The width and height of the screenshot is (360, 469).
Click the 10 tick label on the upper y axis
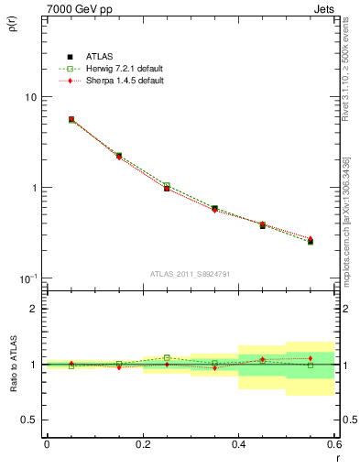point(30,97)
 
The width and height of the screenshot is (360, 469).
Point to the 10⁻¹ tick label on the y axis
point(27,278)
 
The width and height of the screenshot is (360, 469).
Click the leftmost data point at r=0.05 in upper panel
point(71,119)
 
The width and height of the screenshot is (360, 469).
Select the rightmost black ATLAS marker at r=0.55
point(311,242)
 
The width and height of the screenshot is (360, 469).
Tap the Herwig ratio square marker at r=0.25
point(167,358)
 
